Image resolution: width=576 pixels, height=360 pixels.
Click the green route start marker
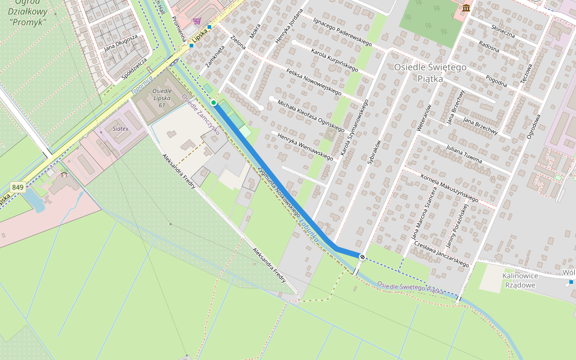pos(214,103)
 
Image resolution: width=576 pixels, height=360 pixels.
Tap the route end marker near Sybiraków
pos(362,257)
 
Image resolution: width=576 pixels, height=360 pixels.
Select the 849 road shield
pos(17,188)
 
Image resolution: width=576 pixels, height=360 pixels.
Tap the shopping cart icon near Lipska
pos(197,21)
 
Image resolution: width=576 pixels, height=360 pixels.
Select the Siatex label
pos(120,129)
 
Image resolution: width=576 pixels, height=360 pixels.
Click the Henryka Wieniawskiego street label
pos(305,146)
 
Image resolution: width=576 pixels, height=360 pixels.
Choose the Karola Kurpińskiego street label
pos(334,60)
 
